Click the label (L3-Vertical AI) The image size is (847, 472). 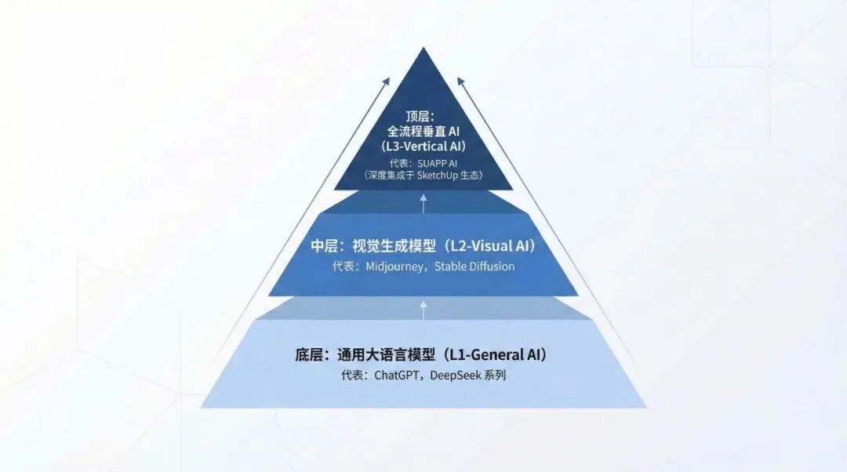[x=423, y=146]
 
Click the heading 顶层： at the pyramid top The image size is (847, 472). [x=423, y=114]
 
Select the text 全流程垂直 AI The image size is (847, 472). [x=423, y=130]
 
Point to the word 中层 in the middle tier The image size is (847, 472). [x=324, y=246]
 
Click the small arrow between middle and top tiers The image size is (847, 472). [x=423, y=203]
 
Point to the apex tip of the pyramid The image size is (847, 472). [x=423, y=49]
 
